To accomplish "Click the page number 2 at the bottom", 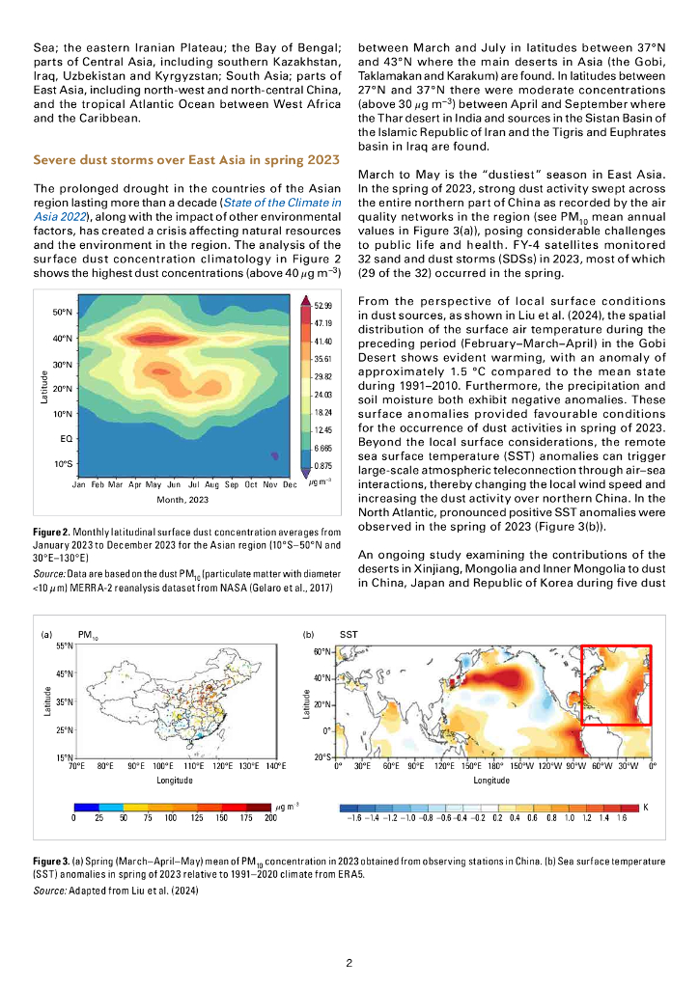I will point(349,963).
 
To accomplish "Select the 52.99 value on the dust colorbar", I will point(322,305).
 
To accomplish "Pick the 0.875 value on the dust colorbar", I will point(322,466).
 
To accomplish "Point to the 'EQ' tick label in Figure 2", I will point(56,438).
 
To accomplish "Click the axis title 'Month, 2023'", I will point(184,501).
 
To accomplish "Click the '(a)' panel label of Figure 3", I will point(45,636).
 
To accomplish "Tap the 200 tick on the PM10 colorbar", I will point(270,817).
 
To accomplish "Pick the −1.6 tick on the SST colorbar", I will point(353,817).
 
